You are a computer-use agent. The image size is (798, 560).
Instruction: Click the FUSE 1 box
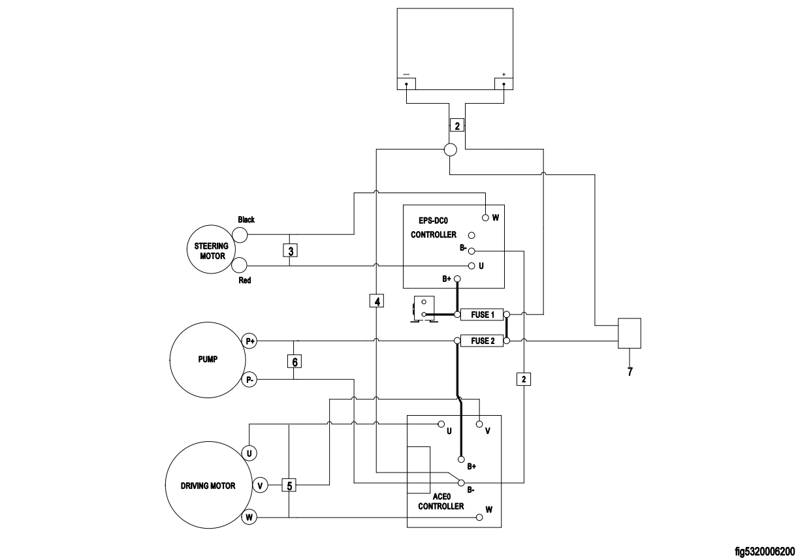click(x=482, y=315)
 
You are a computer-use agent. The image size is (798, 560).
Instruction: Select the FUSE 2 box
click(x=482, y=341)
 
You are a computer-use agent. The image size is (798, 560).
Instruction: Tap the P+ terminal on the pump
click(x=249, y=341)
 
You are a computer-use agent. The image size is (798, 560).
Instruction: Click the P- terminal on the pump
click(x=249, y=379)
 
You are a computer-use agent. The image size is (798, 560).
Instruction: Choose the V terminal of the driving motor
click(x=260, y=485)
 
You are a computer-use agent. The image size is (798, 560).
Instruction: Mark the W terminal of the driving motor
click(x=249, y=518)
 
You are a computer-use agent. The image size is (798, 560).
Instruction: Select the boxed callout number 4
click(x=377, y=301)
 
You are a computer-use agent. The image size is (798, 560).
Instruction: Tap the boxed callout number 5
click(x=289, y=485)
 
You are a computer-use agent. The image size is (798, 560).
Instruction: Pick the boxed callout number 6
click(x=295, y=361)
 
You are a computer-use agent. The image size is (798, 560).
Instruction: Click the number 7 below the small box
click(x=630, y=373)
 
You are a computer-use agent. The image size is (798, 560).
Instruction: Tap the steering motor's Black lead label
click(x=246, y=219)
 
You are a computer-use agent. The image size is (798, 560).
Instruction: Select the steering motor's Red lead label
click(x=245, y=280)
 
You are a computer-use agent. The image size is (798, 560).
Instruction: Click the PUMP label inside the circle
click(x=208, y=360)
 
